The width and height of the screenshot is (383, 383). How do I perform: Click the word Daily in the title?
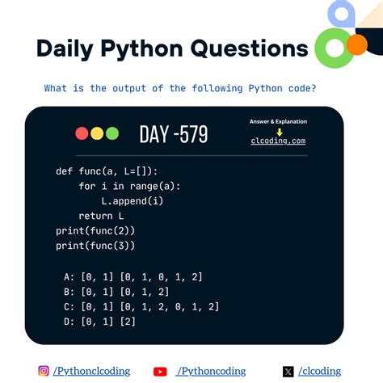[66, 48]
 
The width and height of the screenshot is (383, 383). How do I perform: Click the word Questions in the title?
[250, 48]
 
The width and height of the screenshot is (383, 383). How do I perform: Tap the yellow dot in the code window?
[97, 133]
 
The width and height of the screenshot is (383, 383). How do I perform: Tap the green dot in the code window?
[112, 133]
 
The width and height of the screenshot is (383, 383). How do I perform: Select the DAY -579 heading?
[173, 134]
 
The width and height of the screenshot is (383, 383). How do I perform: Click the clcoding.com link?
[278, 141]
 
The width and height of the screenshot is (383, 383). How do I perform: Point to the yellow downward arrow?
[279, 131]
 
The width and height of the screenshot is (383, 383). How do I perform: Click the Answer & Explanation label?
[278, 121]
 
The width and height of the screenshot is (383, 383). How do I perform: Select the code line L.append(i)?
[133, 200]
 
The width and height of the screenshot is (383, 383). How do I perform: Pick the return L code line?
[101, 216]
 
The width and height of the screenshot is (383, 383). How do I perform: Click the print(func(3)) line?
[95, 245]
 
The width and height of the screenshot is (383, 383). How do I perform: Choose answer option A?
[133, 277]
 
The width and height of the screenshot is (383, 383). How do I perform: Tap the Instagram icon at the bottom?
[44, 371]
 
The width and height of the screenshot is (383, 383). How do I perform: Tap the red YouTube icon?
[160, 372]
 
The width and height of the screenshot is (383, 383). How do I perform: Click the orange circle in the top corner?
[356, 44]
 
